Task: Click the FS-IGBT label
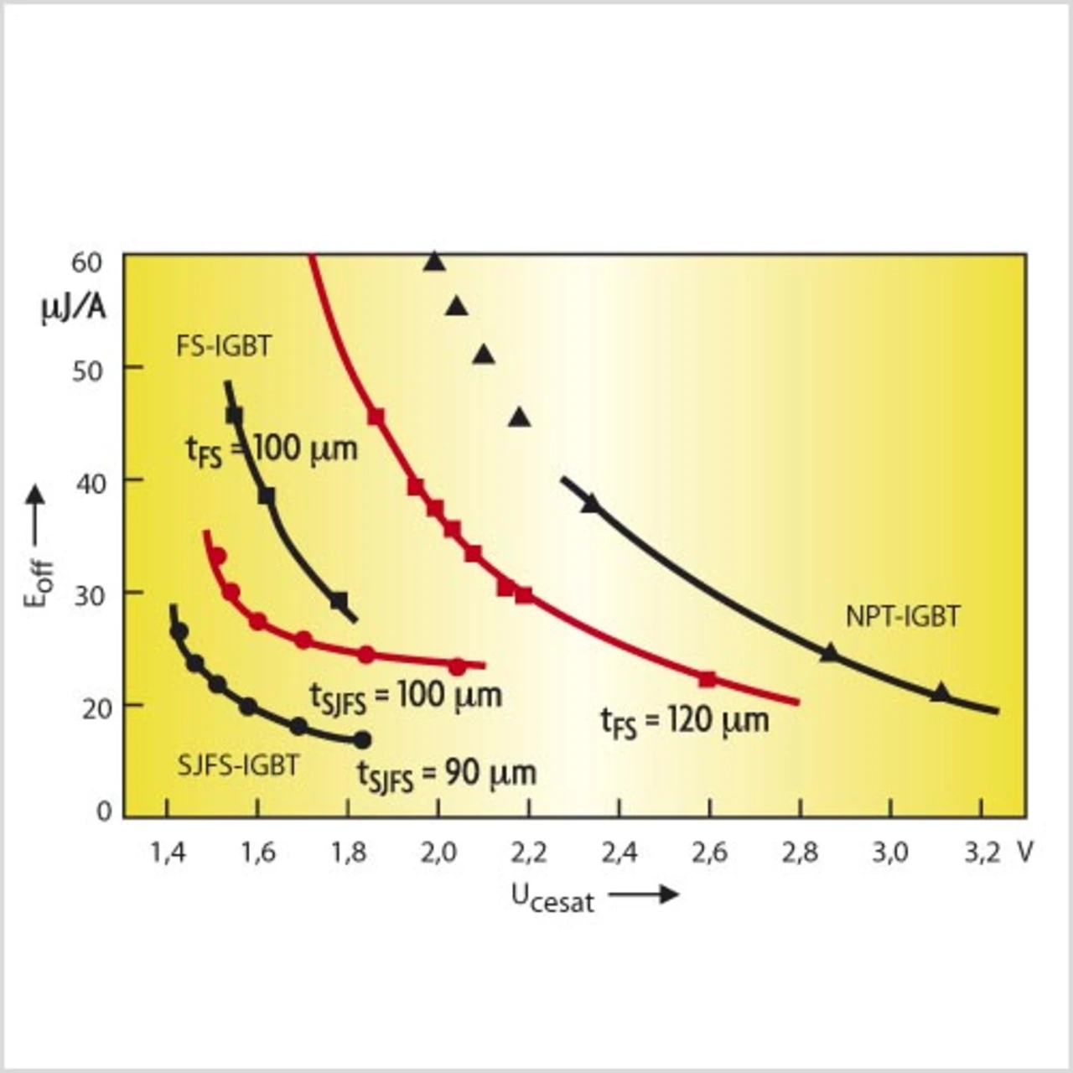click(224, 345)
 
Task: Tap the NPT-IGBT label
click(902, 617)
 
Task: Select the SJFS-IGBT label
click(238, 765)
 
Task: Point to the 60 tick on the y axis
click(87, 262)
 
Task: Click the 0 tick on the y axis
click(104, 811)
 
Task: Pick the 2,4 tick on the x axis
click(619, 853)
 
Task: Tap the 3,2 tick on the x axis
click(982, 853)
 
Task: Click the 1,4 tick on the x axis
click(168, 853)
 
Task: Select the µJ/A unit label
click(74, 309)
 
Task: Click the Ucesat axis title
click(552, 898)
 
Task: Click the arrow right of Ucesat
click(644, 894)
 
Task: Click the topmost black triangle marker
click(433, 262)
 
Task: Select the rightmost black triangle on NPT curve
click(940, 692)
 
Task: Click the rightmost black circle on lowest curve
click(361, 739)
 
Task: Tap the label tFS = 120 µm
click(684, 721)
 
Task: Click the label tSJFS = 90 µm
click(446, 775)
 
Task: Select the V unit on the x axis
click(1025, 853)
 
